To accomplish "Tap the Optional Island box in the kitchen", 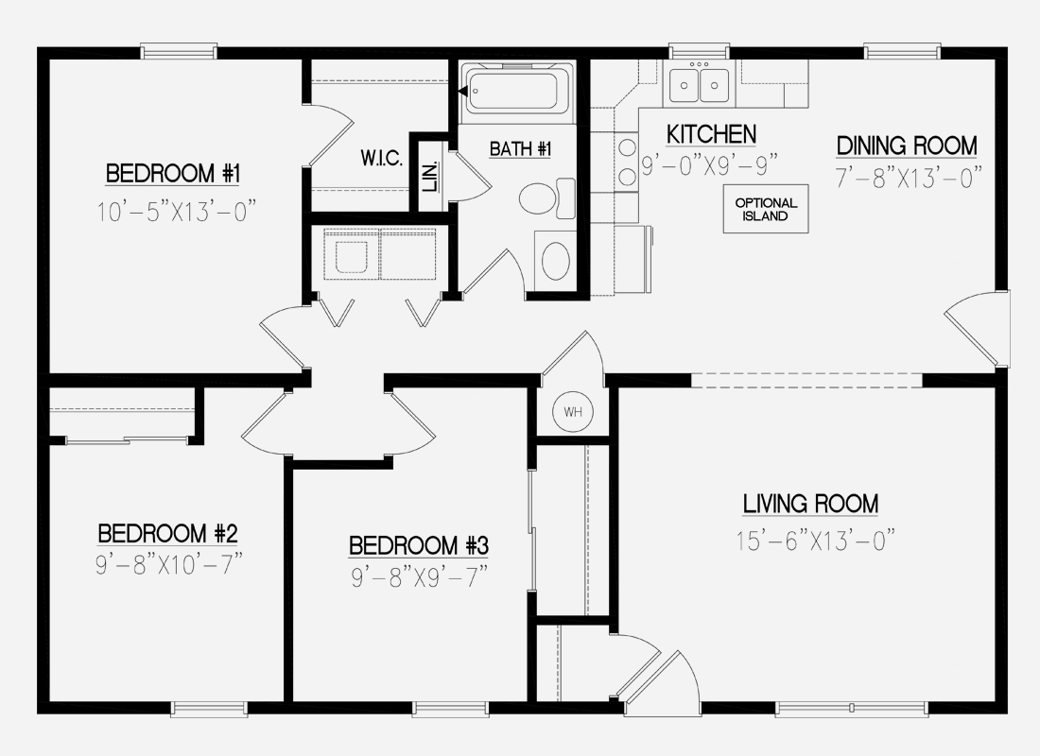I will (767, 209).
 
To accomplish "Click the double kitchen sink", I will (700, 85).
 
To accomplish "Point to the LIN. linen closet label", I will (429, 177).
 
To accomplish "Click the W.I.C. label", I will (382, 158).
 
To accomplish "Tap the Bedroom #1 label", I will (175, 174).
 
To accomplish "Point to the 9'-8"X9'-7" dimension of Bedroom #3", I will (418, 577).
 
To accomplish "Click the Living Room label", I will (810, 504).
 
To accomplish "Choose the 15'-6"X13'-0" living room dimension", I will (814, 541).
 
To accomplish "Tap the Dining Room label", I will (906, 146).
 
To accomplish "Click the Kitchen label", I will (711, 134).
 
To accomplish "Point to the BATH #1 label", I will (520, 148).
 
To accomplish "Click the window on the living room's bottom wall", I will (851, 707).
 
